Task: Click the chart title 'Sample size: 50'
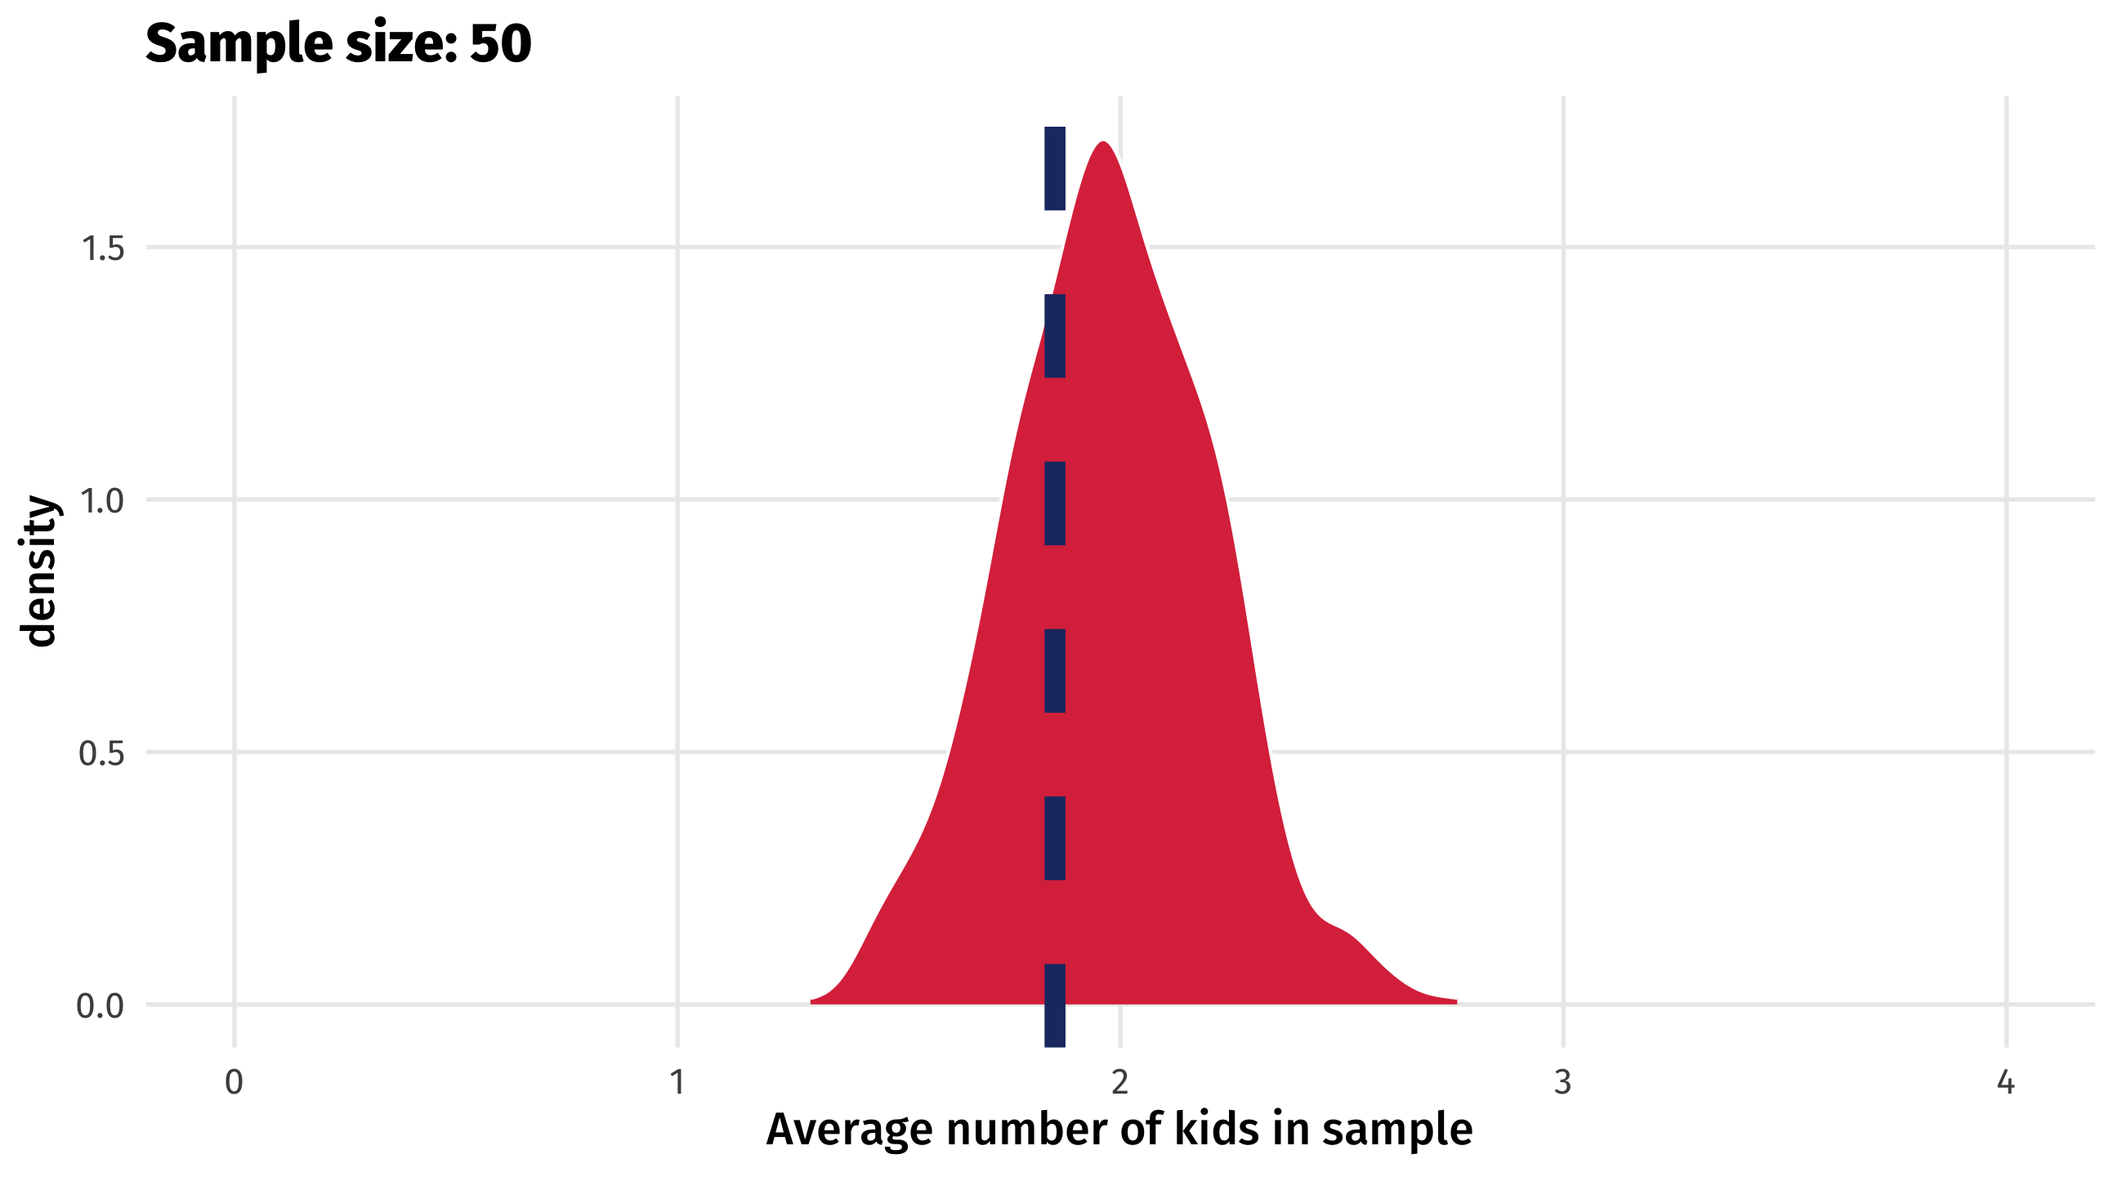[x=338, y=43]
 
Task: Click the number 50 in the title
[x=501, y=43]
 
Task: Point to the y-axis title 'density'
[x=39, y=571]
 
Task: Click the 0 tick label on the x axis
[x=235, y=1082]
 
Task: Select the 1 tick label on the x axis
[x=677, y=1082]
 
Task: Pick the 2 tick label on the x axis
[x=1119, y=1082]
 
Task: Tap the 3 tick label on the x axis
[x=1562, y=1082]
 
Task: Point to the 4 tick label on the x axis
[x=2005, y=1082]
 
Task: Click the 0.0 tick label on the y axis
[x=101, y=1006]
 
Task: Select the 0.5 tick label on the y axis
[x=101, y=754]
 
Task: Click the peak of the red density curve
[x=1102, y=144]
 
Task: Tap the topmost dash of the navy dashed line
[x=1055, y=168]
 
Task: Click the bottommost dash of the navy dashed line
[x=1055, y=1005]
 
